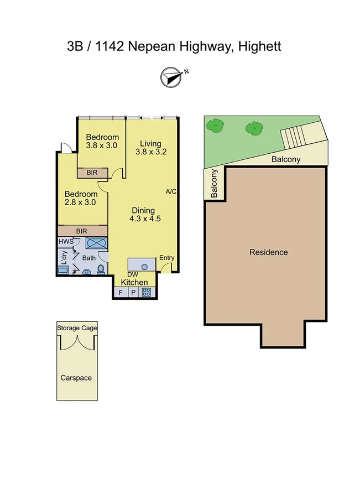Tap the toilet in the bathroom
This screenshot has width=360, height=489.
(x=101, y=269)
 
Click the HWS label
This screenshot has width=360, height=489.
(x=65, y=242)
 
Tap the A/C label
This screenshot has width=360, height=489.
(x=171, y=191)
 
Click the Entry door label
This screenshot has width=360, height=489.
(x=166, y=258)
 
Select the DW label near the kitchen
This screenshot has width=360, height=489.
(x=133, y=274)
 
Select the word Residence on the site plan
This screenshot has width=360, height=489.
(x=268, y=252)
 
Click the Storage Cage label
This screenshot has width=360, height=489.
(x=77, y=328)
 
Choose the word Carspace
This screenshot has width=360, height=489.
(x=76, y=378)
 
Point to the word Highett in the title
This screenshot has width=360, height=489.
(x=259, y=46)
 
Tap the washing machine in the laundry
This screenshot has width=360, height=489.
(x=63, y=269)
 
